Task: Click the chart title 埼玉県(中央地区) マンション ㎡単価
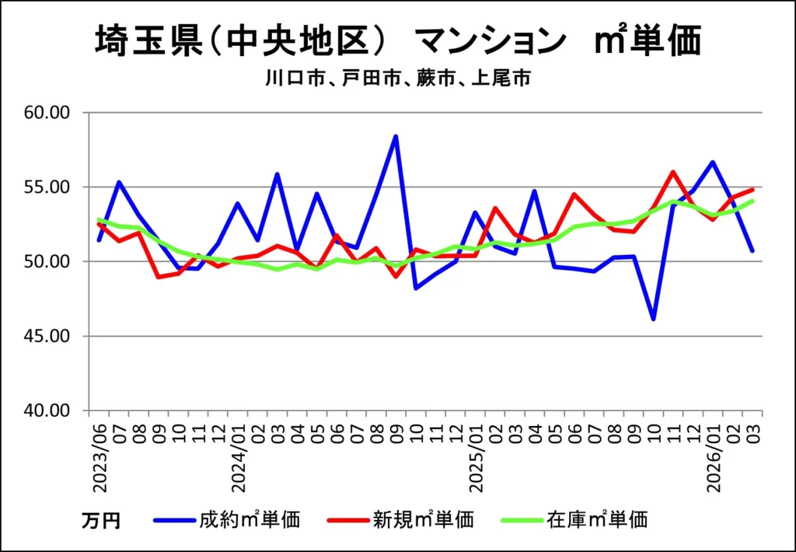pos(397,40)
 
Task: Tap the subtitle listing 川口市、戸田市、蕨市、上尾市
pos(397,79)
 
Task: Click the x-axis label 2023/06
pos(99,459)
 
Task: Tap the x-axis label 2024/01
pos(239,459)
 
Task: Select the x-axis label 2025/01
pos(477,459)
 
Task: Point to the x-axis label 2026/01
pos(714,459)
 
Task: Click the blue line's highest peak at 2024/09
pos(396,136)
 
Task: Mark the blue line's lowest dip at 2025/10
pos(653,319)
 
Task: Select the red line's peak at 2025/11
pos(673,172)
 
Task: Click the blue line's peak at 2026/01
pos(713,162)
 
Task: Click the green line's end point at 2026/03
pos(752,201)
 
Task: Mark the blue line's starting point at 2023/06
pos(99,240)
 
